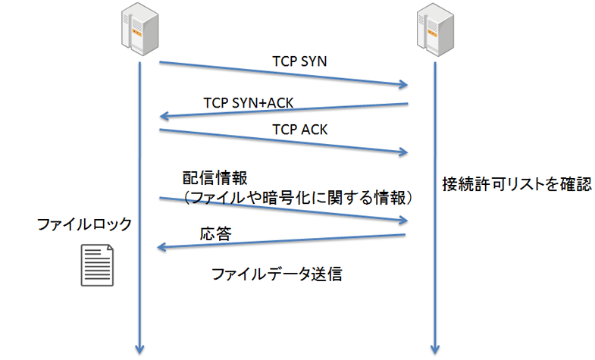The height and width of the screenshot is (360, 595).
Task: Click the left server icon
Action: (x=140, y=30)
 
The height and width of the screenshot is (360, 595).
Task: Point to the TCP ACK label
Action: (x=299, y=130)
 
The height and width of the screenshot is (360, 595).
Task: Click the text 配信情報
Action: (x=214, y=177)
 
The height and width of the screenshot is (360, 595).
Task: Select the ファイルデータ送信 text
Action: (x=277, y=274)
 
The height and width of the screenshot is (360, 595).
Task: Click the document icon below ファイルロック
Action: (x=97, y=265)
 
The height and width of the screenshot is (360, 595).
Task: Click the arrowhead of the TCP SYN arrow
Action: (x=403, y=83)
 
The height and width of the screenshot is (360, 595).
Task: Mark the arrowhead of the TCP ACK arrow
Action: (x=403, y=153)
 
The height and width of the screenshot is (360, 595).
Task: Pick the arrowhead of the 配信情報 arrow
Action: (x=403, y=221)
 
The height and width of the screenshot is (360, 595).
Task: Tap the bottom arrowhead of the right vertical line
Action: (x=434, y=349)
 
